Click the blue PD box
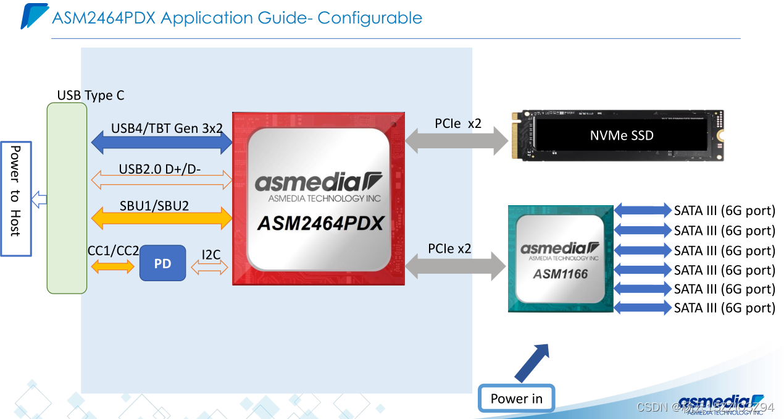(162, 263)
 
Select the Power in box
(516, 399)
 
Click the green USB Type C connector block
(67, 198)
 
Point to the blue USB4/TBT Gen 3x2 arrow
(162, 143)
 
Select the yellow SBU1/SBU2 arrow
(162, 218)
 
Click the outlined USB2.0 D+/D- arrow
(162, 180)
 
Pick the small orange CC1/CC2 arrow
(112, 267)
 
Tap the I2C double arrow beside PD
(210, 267)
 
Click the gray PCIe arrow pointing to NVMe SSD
(458, 143)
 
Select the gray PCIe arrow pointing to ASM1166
(456, 267)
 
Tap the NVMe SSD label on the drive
(621, 135)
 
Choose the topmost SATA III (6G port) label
(724, 211)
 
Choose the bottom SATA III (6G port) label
(724, 308)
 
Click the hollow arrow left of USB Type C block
(40, 199)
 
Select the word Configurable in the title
(370, 18)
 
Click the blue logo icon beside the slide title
(34, 16)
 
